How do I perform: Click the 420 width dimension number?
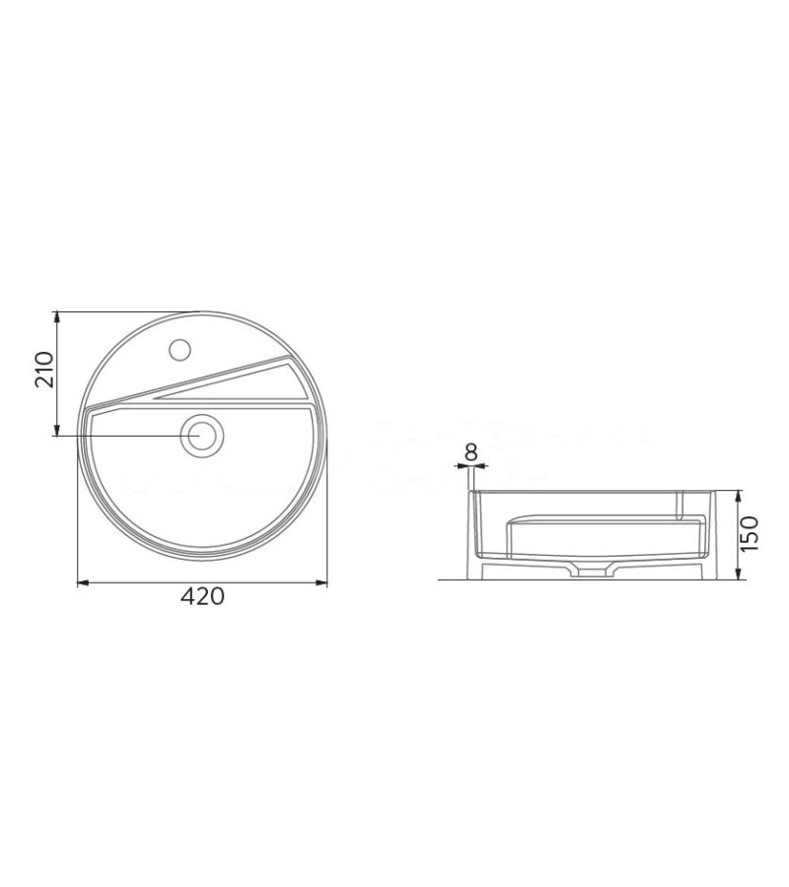(x=202, y=597)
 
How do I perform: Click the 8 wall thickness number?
(x=470, y=452)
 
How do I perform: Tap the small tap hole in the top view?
(x=180, y=348)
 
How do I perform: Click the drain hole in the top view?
(x=202, y=434)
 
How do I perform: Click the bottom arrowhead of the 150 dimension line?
(x=739, y=577)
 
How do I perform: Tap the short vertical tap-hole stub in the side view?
(x=681, y=504)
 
